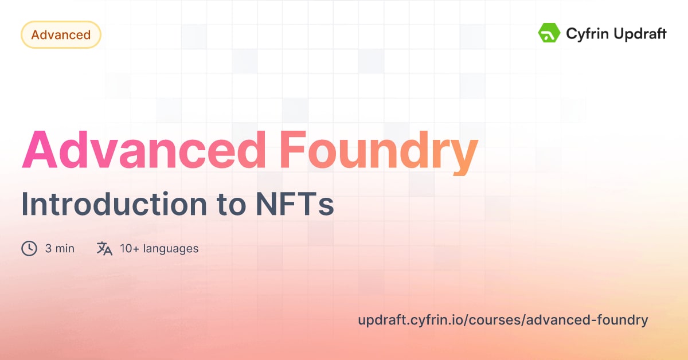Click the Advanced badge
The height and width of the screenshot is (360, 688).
61,35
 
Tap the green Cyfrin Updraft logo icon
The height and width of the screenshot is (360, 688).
549,33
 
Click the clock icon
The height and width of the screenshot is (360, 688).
29,248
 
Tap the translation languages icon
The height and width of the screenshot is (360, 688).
104,248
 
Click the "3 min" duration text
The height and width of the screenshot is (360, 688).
60,249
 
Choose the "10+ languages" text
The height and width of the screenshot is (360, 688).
159,249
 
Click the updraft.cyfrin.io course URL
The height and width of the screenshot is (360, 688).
503,320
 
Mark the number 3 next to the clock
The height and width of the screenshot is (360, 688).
48,249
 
